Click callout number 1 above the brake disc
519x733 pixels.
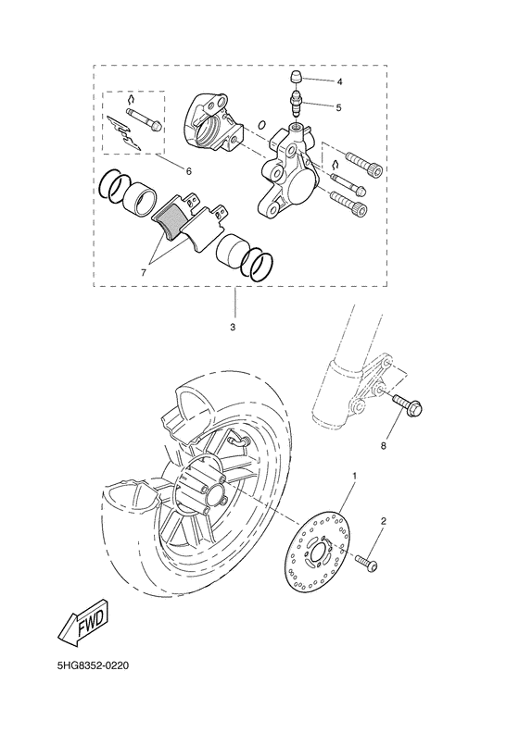click(x=353, y=476)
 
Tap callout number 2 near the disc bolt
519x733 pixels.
click(x=384, y=521)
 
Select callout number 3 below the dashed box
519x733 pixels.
click(x=234, y=328)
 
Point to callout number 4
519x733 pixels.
click(x=339, y=81)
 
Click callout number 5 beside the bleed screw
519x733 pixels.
click(x=338, y=108)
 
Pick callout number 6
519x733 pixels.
click(x=189, y=171)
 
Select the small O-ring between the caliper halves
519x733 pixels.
click(x=263, y=124)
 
